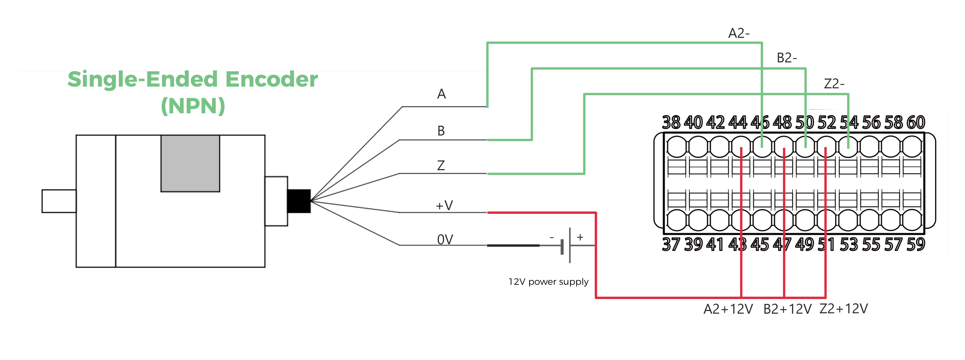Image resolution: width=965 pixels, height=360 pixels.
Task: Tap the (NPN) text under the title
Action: (x=193, y=106)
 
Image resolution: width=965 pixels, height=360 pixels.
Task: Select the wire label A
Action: (x=441, y=94)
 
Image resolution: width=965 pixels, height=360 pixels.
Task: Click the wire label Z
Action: (x=441, y=165)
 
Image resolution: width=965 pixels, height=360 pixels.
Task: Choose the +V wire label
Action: (x=444, y=205)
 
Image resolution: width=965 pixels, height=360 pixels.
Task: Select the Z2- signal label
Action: (x=834, y=83)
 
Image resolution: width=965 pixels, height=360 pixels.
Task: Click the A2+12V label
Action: (x=728, y=309)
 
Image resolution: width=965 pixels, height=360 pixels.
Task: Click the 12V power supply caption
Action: (x=548, y=282)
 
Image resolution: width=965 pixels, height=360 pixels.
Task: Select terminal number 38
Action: (x=671, y=122)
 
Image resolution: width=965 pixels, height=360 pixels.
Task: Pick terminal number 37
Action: (x=671, y=245)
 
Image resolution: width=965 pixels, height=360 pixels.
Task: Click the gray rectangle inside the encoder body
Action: (x=190, y=163)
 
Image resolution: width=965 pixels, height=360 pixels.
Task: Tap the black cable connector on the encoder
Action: (x=299, y=201)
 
